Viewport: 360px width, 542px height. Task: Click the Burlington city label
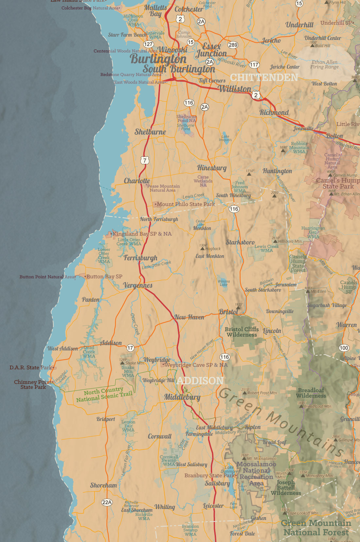158,59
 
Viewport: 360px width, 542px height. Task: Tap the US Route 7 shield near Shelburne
145,160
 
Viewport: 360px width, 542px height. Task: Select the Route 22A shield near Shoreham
107,502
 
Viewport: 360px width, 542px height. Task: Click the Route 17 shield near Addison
130,348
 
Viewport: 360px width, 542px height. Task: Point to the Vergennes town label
138,285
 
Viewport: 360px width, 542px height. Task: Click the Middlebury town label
182,397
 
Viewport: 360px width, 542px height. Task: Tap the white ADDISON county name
200,380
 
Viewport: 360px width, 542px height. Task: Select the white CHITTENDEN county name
264,78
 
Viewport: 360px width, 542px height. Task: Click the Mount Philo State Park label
186,204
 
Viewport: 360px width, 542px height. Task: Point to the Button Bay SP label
104,276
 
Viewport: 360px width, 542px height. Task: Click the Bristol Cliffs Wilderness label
242,332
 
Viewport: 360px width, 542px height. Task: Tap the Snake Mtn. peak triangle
122,363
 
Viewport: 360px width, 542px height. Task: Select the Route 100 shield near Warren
344,348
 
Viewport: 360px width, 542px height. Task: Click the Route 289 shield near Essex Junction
233,45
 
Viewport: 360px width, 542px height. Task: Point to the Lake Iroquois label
225,138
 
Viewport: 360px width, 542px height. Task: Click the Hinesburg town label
212,168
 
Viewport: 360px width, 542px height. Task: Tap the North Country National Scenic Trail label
104,394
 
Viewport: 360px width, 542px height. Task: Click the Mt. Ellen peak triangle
308,291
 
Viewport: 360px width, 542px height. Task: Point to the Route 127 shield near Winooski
149,44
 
